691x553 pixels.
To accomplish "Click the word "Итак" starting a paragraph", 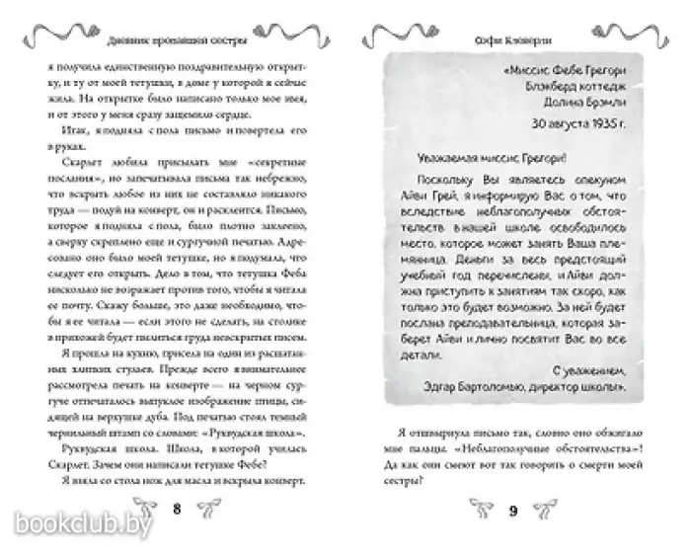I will pyautogui.click(x=73, y=116).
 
